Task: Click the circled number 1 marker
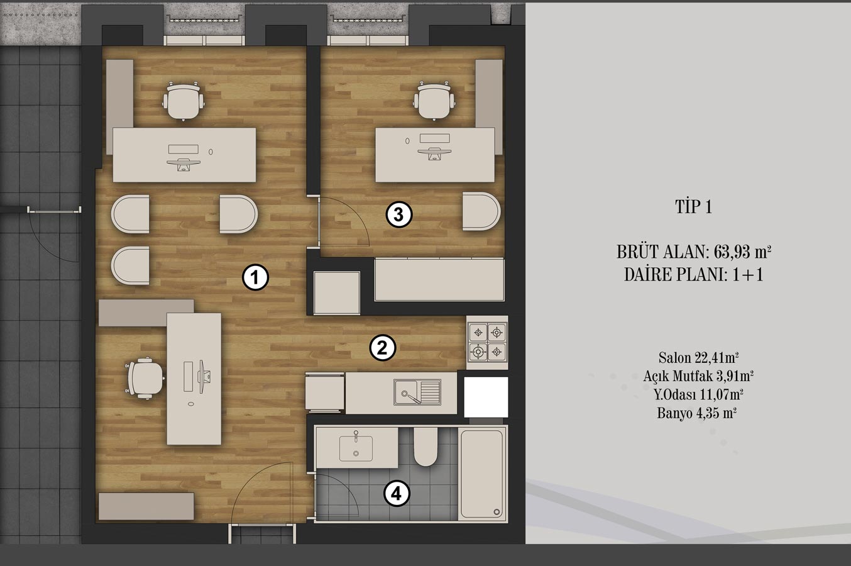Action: tap(255, 277)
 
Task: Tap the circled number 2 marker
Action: tap(383, 347)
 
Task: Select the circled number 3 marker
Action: tap(399, 214)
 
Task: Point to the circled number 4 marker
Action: tap(397, 494)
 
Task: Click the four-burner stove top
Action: tap(488, 342)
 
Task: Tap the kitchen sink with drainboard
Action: tap(417, 392)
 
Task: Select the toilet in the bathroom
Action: tap(425, 447)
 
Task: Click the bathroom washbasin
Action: tap(356, 448)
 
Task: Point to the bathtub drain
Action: tap(497, 512)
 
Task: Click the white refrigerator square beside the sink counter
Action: tap(486, 397)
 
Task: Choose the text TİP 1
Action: tap(693, 206)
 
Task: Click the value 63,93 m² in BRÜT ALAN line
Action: tap(742, 252)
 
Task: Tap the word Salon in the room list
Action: tap(675, 357)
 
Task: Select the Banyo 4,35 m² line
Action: tap(697, 413)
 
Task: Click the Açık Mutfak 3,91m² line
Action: tap(698, 376)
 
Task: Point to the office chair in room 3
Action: tap(434, 101)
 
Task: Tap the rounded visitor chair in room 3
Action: tap(481, 211)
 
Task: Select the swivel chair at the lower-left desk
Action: tap(145, 378)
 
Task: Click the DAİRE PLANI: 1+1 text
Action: tap(694, 274)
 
